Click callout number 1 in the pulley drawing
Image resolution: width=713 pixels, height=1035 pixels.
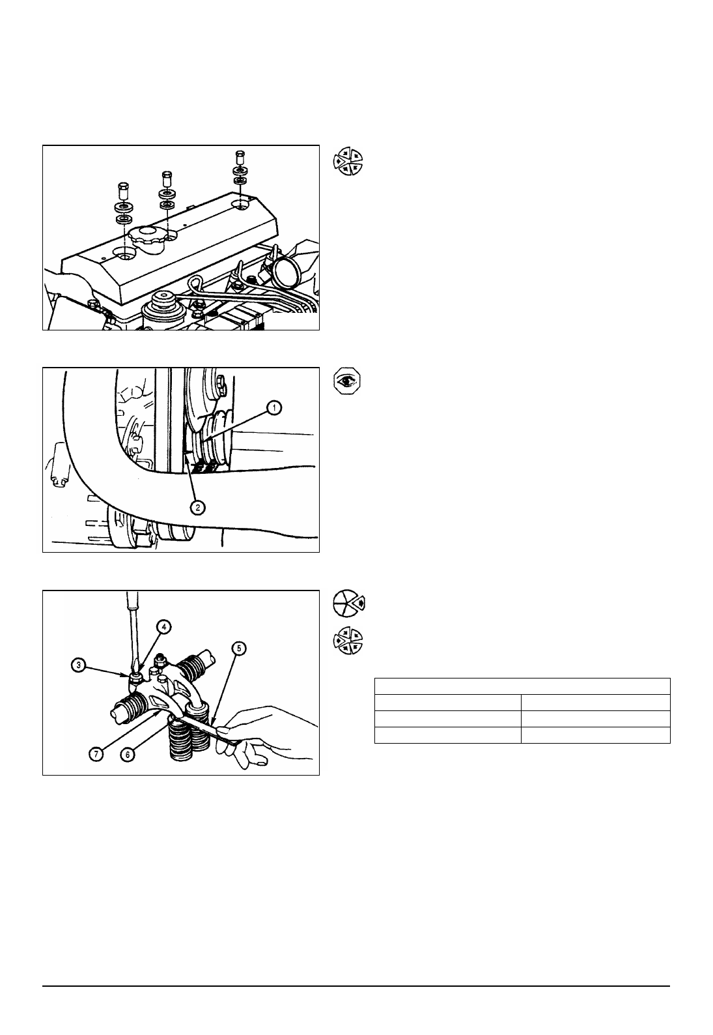coord(274,408)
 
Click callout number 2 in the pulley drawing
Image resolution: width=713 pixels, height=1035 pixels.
coord(197,507)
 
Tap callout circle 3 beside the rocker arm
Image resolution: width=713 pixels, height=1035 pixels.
coord(78,665)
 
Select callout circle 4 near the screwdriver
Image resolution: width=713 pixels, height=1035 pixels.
coord(163,626)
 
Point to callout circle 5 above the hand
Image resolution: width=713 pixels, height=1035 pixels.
coord(238,649)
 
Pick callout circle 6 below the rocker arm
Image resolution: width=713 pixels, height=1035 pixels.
coord(128,755)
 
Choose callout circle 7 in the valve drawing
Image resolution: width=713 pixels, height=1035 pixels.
coord(96,755)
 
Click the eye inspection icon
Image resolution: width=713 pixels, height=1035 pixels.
coord(348,381)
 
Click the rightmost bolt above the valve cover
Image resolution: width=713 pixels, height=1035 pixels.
coord(240,158)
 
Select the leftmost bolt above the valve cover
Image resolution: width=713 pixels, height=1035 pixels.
coord(122,190)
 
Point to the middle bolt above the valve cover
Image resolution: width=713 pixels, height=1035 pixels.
coord(167,179)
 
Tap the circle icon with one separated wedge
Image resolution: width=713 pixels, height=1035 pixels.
coord(348,604)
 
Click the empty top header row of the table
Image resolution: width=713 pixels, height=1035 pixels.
coord(522,686)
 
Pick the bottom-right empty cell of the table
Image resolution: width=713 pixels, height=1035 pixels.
coord(595,735)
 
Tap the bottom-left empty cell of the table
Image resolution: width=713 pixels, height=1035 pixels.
coord(447,735)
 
